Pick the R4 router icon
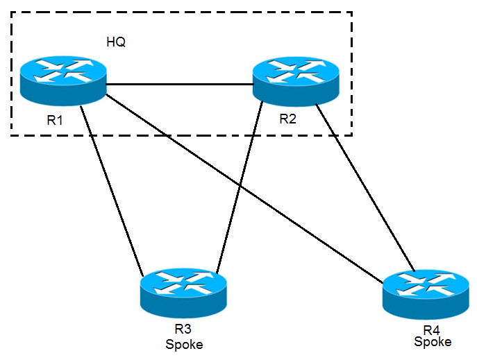click(426, 291)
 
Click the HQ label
click(115, 42)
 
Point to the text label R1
click(55, 120)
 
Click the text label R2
click(287, 119)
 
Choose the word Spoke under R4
click(433, 341)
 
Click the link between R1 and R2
click(179, 85)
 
